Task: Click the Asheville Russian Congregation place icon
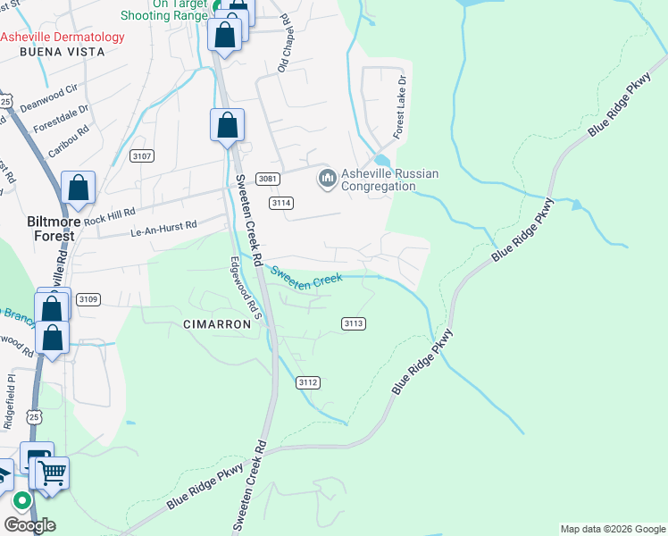pyautogui.click(x=327, y=180)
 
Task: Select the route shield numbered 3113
pyautogui.click(x=354, y=323)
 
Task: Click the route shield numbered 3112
pyautogui.click(x=308, y=382)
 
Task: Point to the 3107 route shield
pyautogui.click(x=141, y=156)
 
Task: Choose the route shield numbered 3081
pyautogui.click(x=268, y=179)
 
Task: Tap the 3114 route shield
pyautogui.click(x=281, y=203)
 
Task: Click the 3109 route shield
pyautogui.click(x=87, y=298)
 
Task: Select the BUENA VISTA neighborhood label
pyautogui.click(x=63, y=53)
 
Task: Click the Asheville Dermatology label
pyautogui.click(x=63, y=38)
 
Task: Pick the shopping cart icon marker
pyautogui.click(x=53, y=473)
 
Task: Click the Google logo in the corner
pyautogui.click(x=29, y=525)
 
